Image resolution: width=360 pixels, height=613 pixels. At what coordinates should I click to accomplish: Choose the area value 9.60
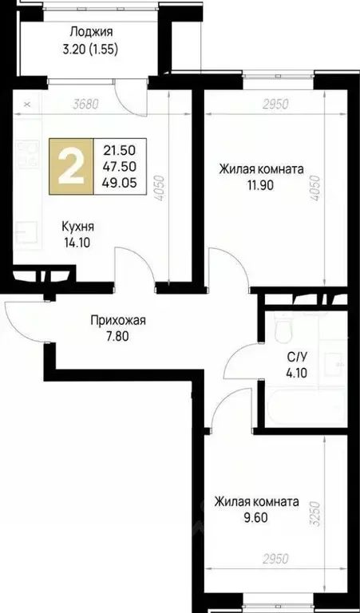[x=255, y=517]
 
